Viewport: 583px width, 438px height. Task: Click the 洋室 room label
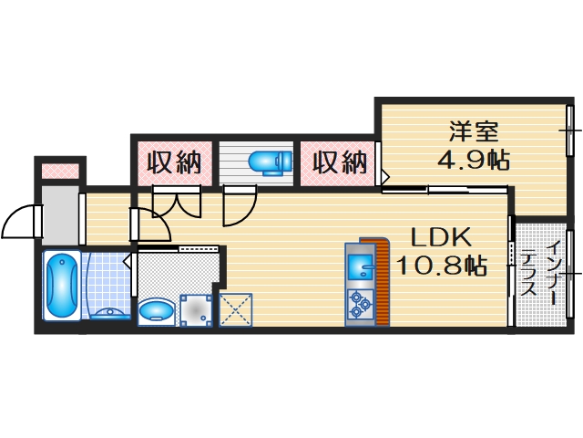pyautogui.click(x=472, y=130)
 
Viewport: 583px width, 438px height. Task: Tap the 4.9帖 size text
pyautogui.click(x=472, y=160)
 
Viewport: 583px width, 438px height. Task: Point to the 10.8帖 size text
pyautogui.click(x=440, y=266)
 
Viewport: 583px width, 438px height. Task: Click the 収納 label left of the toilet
pyautogui.click(x=174, y=163)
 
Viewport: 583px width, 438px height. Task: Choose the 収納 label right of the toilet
pyautogui.click(x=341, y=163)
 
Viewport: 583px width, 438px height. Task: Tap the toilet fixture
pyautogui.click(x=269, y=162)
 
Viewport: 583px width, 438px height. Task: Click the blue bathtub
pyautogui.click(x=61, y=284)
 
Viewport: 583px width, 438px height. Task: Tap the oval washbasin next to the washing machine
pyautogui.click(x=156, y=310)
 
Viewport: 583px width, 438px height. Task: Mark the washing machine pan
pyautogui.click(x=195, y=310)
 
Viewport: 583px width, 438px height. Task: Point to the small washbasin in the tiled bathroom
pyautogui.click(x=108, y=313)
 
